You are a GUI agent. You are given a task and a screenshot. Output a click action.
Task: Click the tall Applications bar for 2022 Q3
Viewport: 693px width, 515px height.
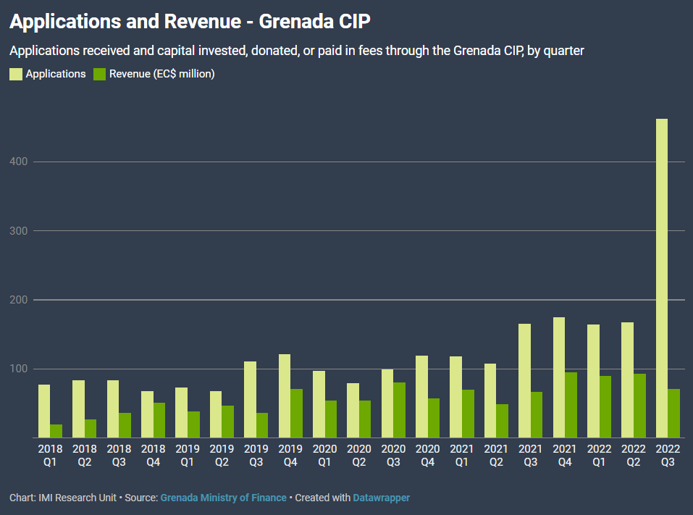[x=662, y=278]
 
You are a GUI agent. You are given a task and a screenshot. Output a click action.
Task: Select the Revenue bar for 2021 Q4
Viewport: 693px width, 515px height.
[x=571, y=405]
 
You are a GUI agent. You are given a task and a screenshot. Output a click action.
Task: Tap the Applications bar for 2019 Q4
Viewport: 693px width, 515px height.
[x=285, y=395]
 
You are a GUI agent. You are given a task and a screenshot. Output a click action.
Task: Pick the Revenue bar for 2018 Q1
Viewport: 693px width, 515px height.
[x=56, y=431]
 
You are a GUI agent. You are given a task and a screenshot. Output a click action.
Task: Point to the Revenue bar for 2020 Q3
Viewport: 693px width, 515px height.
[x=399, y=410]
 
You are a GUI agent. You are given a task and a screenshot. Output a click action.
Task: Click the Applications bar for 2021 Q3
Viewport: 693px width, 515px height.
[x=524, y=380]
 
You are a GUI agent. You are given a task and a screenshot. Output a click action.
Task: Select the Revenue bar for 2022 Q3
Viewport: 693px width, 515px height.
[x=674, y=413]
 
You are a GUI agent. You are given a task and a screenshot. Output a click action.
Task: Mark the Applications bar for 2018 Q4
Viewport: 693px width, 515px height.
[x=147, y=414]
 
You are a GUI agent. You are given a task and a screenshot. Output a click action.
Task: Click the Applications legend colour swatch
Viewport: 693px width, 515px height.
[x=16, y=74]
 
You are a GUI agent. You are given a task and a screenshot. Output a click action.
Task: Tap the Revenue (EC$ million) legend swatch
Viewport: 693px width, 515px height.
[x=100, y=74]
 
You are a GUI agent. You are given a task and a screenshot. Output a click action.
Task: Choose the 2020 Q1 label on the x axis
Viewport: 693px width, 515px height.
[x=324, y=455]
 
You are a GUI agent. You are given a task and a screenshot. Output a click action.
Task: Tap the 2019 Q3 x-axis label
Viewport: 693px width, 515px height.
[x=256, y=455]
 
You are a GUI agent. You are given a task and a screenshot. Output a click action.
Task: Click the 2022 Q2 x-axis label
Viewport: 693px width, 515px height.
[x=634, y=455]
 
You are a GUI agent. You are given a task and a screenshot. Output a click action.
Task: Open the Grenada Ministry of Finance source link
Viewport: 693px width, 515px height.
[x=223, y=498]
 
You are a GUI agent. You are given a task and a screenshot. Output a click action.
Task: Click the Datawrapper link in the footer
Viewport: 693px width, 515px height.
[x=381, y=498]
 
